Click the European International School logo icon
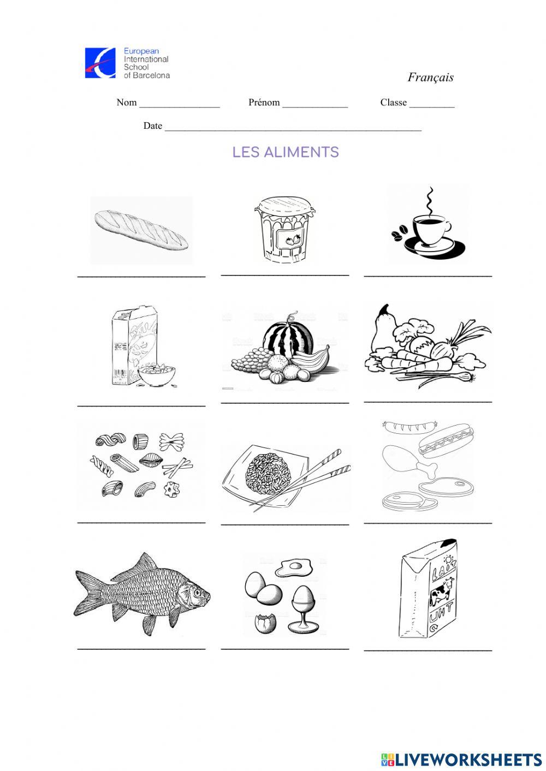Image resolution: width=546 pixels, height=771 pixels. click(x=100, y=63)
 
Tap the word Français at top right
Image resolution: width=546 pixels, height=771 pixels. click(x=430, y=77)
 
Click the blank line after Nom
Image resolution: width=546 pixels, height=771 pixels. click(x=180, y=106)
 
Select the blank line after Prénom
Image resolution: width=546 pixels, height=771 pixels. click(x=314, y=106)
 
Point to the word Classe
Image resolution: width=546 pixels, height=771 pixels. click(x=393, y=103)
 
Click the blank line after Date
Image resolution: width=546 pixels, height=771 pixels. click(x=293, y=129)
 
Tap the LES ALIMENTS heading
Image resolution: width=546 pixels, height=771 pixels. click(x=286, y=152)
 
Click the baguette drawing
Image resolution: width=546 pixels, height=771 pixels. click(x=141, y=230)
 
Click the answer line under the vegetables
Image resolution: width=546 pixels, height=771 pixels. click(x=428, y=402)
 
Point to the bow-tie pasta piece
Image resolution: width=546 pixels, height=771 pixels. click(x=171, y=441)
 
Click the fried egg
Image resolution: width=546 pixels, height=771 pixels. click(x=294, y=567)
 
